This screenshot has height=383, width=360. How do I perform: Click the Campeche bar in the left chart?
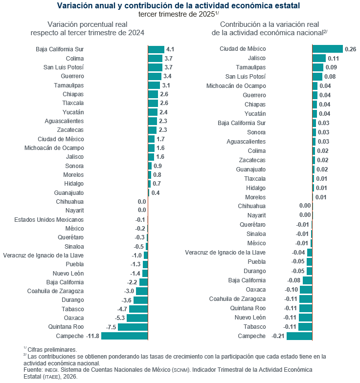pyautogui.click(x=124, y=336)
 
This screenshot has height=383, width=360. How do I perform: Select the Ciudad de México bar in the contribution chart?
pyautogui.click(x=327, y=49)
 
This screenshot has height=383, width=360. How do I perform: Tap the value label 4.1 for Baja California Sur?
pyautogui.click(x=170, y=49)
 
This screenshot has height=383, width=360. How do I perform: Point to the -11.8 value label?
pyautogui.click(x=92, y=336)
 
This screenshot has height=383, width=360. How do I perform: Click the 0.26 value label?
pyautogui.click(x=350, y=49)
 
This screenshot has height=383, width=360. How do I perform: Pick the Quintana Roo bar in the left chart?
pyautogui.click(x=133, y=327)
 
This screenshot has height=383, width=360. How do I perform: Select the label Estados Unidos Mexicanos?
pyautogui.click(x=48, y=220)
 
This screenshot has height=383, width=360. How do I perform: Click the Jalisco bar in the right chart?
pyautogui.click(x=318, y=58)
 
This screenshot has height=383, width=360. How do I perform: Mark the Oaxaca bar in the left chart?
pyautogui.click(x=137, y=318)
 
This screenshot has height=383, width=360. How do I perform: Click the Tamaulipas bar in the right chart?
pyautogui.click(x=317, y=67)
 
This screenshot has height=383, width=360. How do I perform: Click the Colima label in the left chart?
pyautogui.click(x=74, y=58)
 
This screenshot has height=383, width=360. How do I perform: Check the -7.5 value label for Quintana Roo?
pyautogui.click(x=111, y=327)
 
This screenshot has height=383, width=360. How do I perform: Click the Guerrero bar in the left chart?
pyautogui.click(x=155, y=76)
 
